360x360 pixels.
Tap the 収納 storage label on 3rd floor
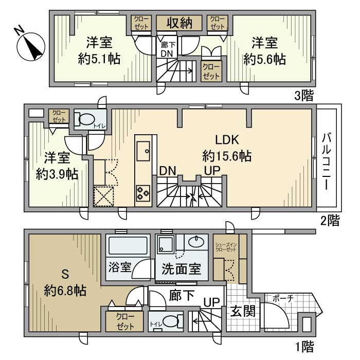[x=178, y=23]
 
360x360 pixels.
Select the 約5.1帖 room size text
[x=99, y=59]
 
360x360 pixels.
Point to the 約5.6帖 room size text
[x=265, y=59]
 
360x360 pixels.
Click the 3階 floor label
[x=304, y=95]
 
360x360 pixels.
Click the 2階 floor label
[x=329, y=221]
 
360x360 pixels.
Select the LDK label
[x=227, y=140]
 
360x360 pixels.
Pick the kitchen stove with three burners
[x=142, y=194]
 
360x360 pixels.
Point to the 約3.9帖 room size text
[x=57, y=174]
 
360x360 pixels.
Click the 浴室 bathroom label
[x=120, y=269]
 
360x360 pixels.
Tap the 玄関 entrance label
[x=242, y=312]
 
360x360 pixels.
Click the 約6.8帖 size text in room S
[x=65, y=289]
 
